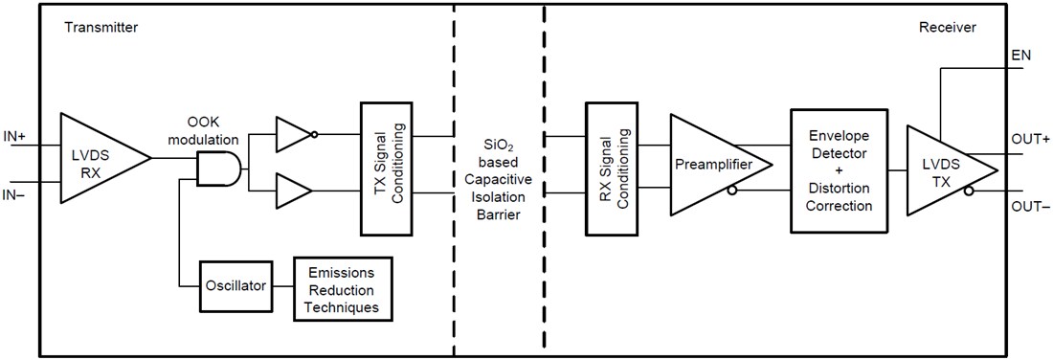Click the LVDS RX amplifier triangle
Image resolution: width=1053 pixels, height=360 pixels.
pyautogui.click(x=96, y=158)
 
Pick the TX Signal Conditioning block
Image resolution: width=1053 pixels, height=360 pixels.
pyautogui.click(x=389, y=168)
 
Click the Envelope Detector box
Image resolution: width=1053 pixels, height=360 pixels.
pyautogui.click(x=839, y=169)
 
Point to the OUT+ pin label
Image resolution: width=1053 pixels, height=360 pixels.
pyautogui.click(x=1030, y=139)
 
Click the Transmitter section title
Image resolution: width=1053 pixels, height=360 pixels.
pyautogui.click(x=101, y=28)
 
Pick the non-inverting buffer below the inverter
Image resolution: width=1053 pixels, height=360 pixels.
pyautogui.click(x=293, y=192)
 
